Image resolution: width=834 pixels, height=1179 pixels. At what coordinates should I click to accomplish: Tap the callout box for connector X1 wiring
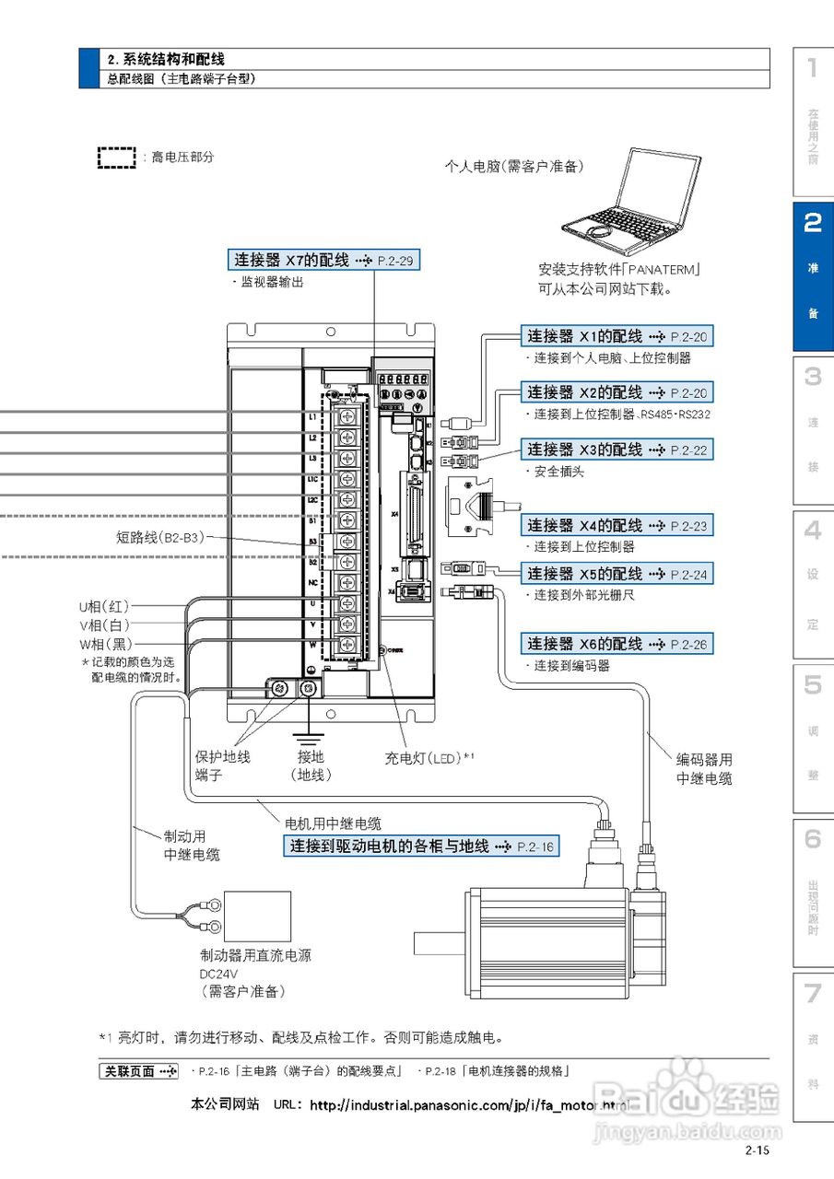pos(617,336)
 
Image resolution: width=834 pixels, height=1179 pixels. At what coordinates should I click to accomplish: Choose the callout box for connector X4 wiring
pos(617,525)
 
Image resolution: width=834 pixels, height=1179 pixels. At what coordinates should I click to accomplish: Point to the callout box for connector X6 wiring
pos(617,644)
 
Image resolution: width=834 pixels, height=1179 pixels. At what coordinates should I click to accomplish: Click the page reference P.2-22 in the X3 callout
pos(688,450)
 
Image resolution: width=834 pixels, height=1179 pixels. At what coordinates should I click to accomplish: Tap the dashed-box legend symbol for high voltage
pos(116,158)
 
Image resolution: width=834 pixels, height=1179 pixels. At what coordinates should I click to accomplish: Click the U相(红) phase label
pos(104,606)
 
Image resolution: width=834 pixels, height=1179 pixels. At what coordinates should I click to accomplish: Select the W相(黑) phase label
pos(104,643)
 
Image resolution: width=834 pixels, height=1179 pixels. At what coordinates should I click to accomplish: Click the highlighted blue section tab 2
pos(812,275)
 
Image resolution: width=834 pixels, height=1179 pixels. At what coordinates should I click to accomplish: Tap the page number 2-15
pos(758,1150)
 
